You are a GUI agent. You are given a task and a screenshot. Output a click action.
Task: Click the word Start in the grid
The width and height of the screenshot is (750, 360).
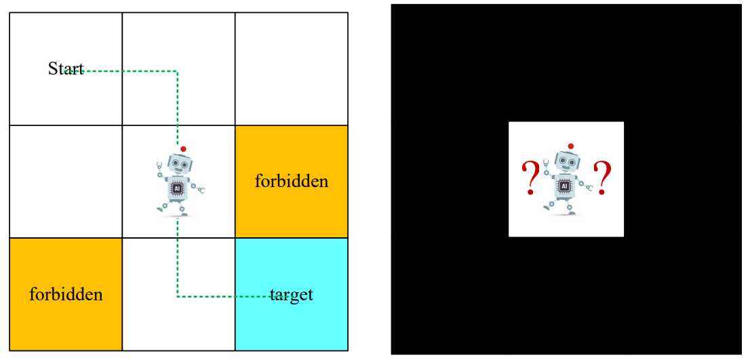coord(66,69)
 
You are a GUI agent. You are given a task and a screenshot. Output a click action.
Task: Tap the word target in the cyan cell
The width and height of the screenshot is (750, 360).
coord(292,295)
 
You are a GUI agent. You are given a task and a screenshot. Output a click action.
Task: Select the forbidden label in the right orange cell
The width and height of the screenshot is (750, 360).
coord(292,182)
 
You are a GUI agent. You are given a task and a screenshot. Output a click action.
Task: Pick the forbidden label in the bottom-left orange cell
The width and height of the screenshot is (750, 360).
coord(66,294)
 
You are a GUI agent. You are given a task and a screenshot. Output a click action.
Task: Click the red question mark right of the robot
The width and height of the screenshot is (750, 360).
coord(601,178)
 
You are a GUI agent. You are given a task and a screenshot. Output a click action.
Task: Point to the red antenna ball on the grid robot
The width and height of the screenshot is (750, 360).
coord(183,148)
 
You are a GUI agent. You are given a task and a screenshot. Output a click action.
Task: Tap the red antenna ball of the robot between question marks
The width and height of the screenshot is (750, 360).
coord(571,146)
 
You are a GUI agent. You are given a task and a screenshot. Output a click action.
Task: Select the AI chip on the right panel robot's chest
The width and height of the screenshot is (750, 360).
coord(564,186)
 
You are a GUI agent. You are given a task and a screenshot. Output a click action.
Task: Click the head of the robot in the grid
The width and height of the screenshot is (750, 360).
coord(180,165)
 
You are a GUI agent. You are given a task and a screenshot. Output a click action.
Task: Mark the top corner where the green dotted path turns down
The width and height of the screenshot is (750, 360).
coord(178,71)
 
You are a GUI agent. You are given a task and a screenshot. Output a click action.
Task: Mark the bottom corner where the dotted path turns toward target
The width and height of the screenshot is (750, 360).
coord(178,296)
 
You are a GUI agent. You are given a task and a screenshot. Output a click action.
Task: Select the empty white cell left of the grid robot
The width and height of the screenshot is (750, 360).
coord(66,182)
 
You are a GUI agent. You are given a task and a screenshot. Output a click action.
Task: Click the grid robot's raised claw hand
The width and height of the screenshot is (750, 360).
coord(159,164)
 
